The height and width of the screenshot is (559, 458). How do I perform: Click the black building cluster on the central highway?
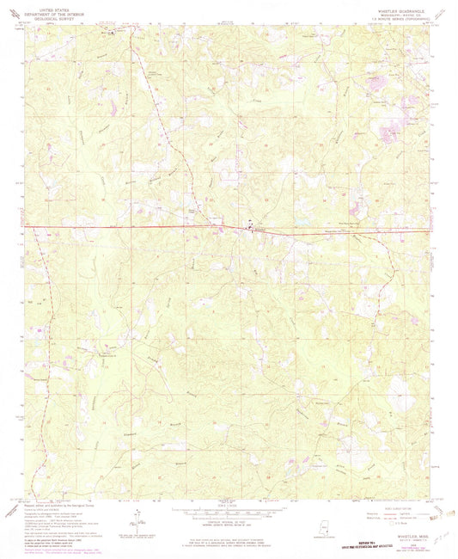pyautogui.click(x=250, y=229)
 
